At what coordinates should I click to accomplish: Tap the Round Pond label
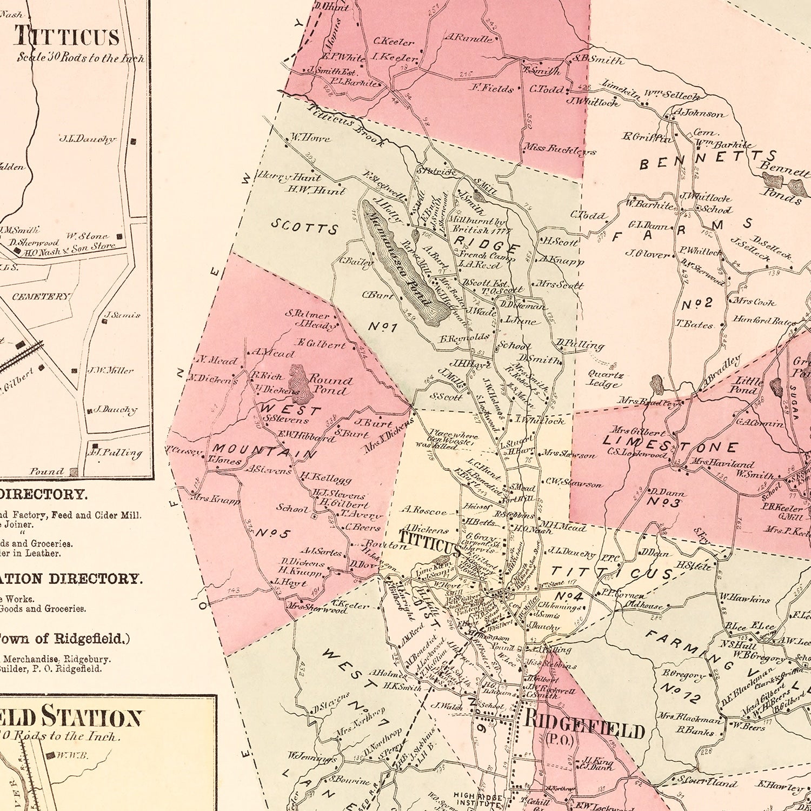coord(330,385)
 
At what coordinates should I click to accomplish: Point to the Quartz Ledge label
coord(606,379)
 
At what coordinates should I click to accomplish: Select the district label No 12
coord(680,692)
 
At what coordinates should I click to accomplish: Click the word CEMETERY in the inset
coord(41,297)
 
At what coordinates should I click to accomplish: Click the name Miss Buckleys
coord(559,149)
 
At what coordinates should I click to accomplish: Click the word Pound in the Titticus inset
coord(46,471)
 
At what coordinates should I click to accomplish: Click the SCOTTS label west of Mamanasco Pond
coord(304,227)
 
